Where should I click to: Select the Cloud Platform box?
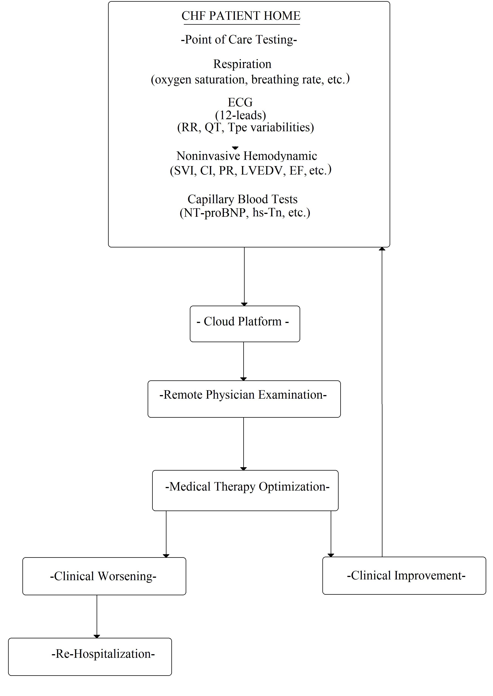[245, 324]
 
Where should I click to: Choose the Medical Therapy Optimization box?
[245, 491]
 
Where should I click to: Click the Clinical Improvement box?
[404, 575]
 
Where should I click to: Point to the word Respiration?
[242, 64]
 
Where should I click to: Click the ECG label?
[240, 102]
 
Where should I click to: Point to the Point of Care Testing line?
[239, 40]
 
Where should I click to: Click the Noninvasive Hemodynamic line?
[247, 156]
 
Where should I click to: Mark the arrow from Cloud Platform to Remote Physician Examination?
[243, 361]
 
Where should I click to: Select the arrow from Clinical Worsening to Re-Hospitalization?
[97, 617]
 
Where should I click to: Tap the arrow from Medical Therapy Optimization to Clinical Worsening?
[166, 534]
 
